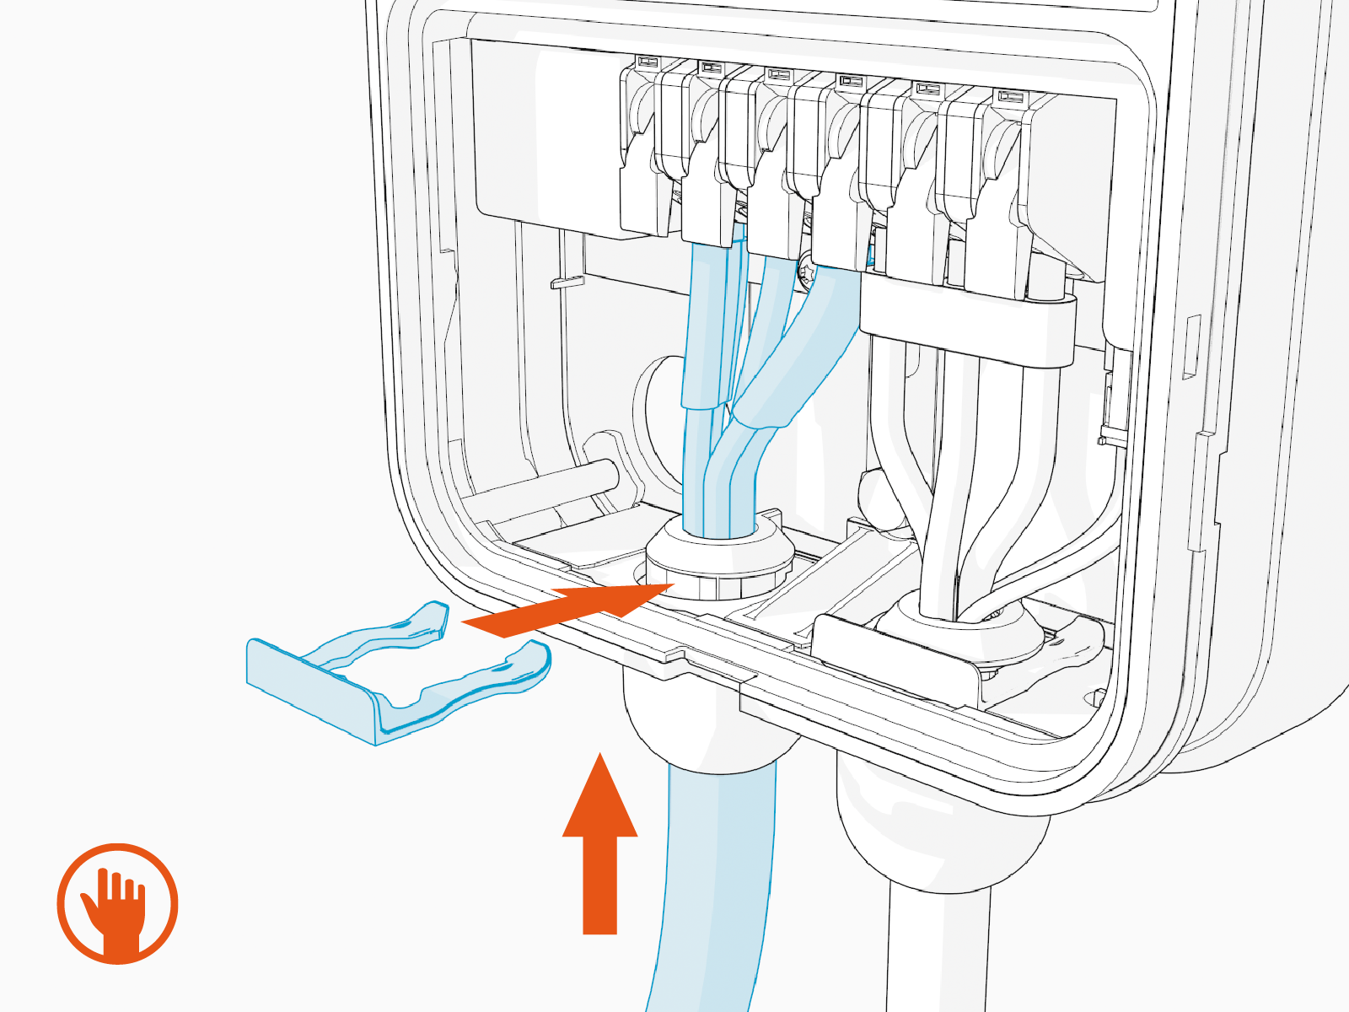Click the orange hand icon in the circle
coord(117,903)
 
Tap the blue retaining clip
coord(396,675)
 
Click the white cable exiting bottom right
coord(936,953)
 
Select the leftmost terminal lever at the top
coord(645,152)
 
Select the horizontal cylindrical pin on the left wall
coord(540,485)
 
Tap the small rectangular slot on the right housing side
coord(1191,346)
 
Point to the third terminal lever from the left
coord(771,160)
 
